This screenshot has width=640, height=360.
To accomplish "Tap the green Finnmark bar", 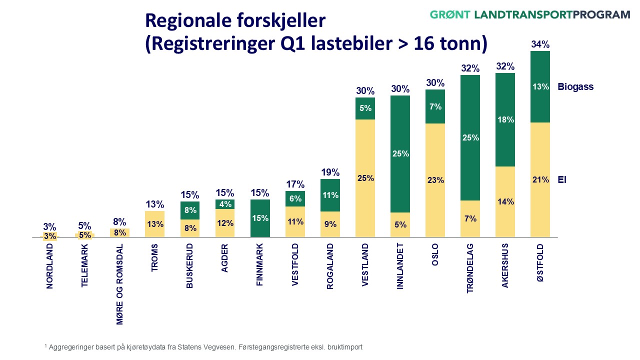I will pyautogui.click(x=260, y=218).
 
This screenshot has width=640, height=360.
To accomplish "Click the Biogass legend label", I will pyautogui.click(x=575, y=86).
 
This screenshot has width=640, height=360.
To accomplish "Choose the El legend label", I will pyautogui.click(x=561, y=180).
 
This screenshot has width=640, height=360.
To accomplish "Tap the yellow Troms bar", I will pyautogui.click(x=155, y=224).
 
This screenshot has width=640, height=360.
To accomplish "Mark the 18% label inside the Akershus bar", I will pyautogui.click(x=505, y=120).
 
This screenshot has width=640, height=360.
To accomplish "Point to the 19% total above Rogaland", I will pyautogui.click(x=330, y=172).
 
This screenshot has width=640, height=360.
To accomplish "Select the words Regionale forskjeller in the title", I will pyautogui.click(x=235, y=21).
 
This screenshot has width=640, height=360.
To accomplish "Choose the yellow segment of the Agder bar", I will pyautogui.click(x=225, y=223).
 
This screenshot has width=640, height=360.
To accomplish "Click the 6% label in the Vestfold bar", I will pyautogui.click(x=295, y=198).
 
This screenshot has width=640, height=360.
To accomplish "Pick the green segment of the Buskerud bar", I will pyautogui.click(x=190, y=210).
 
